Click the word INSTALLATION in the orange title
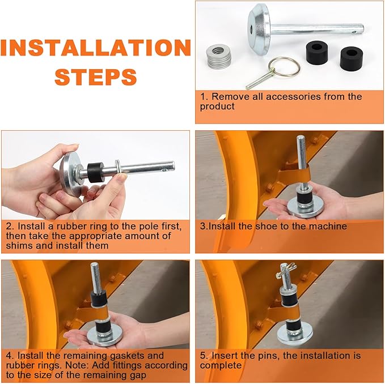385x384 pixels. coord(95,48)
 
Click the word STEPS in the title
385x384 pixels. coord(95,77)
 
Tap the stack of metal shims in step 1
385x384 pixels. coord(219,56)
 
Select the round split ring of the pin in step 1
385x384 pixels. coord(284,67)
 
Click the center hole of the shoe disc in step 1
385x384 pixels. coord(251,28)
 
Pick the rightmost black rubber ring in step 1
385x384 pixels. coord(352,59)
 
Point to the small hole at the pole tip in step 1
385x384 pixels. coord(354,32)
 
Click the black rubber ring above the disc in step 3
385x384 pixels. coord(303,198)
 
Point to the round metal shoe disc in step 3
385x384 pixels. coord(305,208)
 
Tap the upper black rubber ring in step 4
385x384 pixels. coord(99,298)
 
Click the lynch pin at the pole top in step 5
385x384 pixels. coord(286,270)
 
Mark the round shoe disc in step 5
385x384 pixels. coord(295,334)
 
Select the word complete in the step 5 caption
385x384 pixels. coord(221,365)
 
